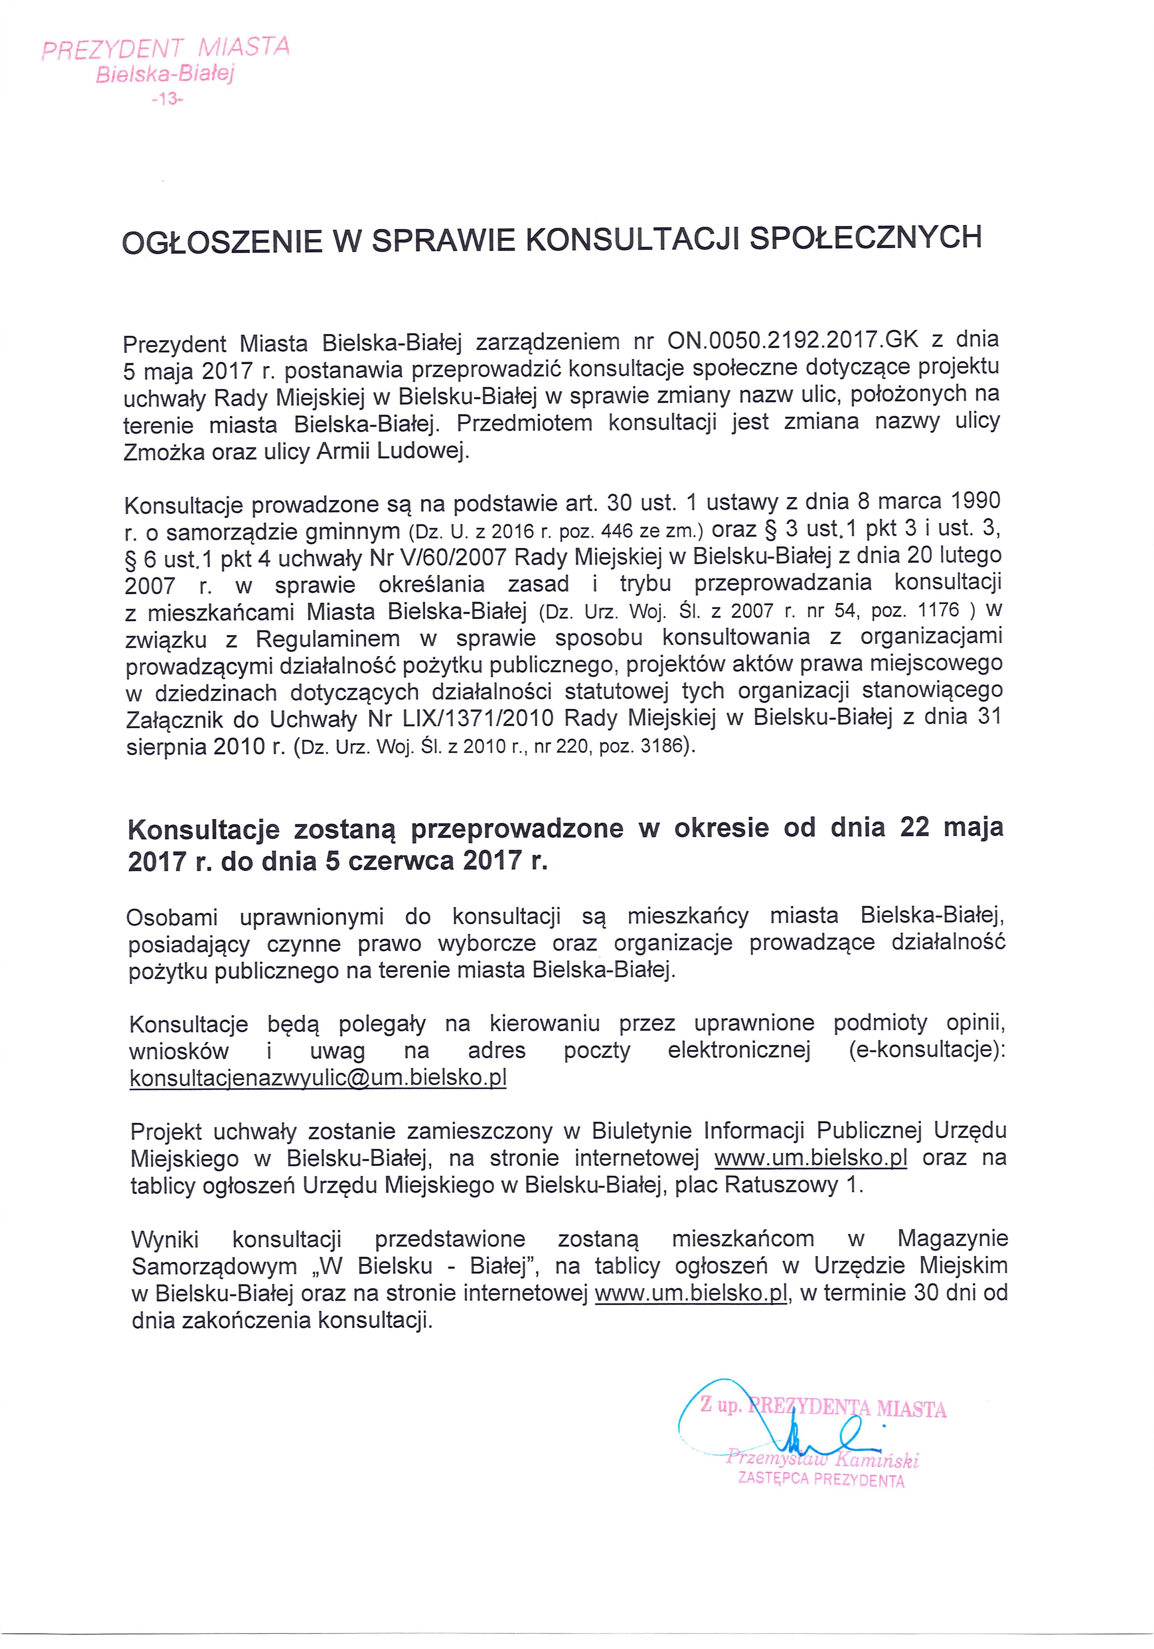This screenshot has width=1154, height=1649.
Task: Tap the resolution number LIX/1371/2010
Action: pos(473,718)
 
